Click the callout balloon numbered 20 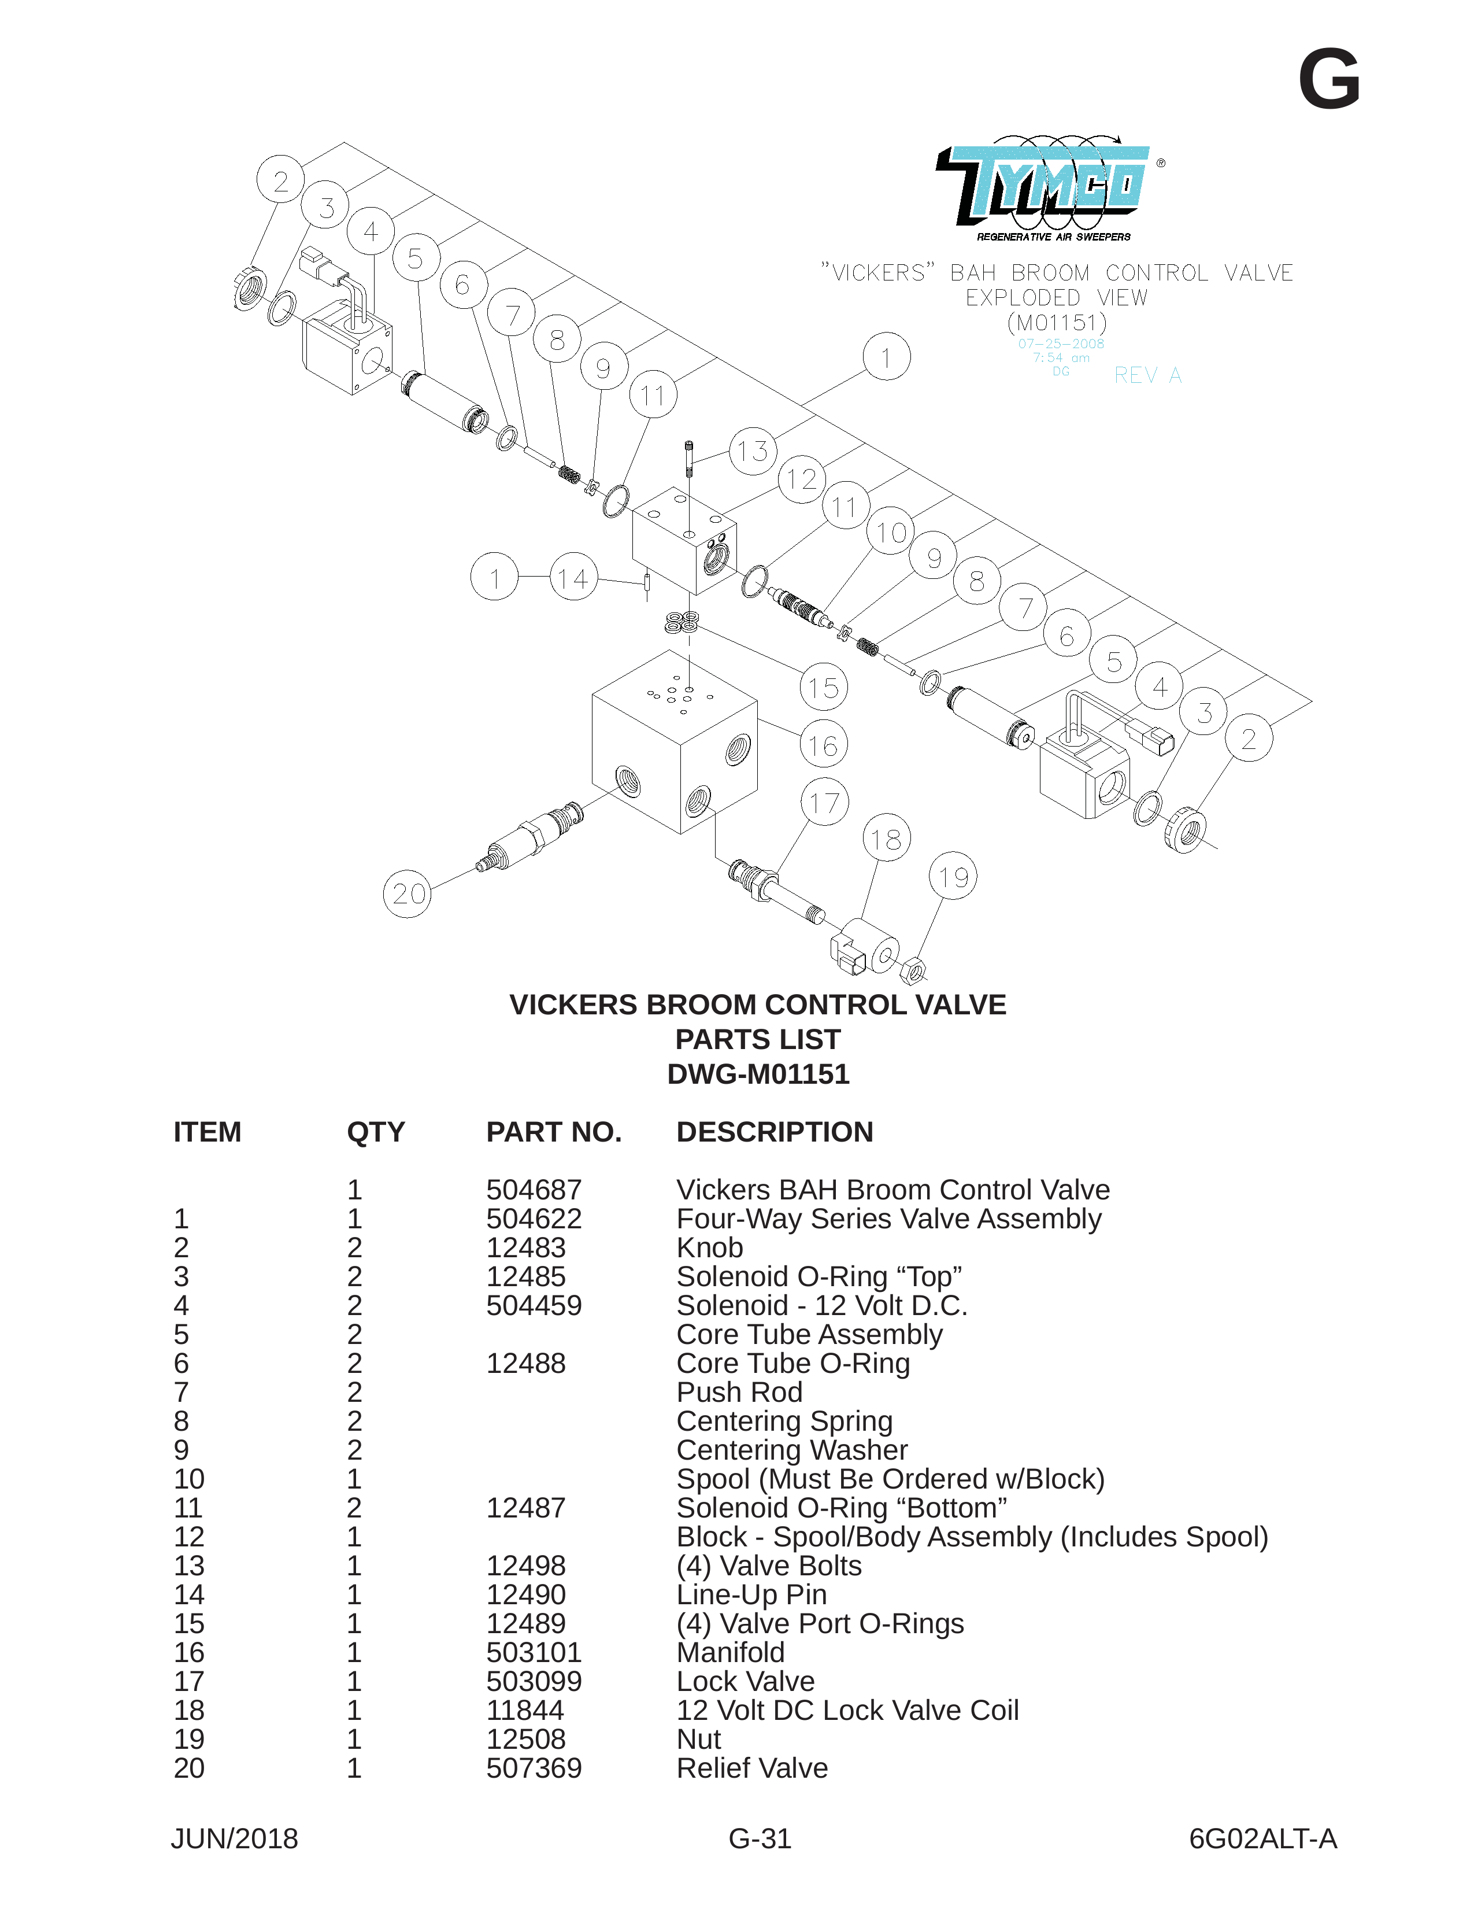407,893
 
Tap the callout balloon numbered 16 823,745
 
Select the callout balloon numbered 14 573,577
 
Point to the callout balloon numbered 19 953,876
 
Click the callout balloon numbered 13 752,451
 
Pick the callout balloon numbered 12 801,479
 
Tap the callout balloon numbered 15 823,687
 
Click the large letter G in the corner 1329,80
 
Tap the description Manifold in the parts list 731,1652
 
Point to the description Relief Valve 752,1767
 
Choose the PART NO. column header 554,1132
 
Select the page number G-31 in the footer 760,1838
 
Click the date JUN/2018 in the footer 234,1838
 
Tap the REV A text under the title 1147,375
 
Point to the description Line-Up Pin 751,1595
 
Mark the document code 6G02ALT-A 1262,1838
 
